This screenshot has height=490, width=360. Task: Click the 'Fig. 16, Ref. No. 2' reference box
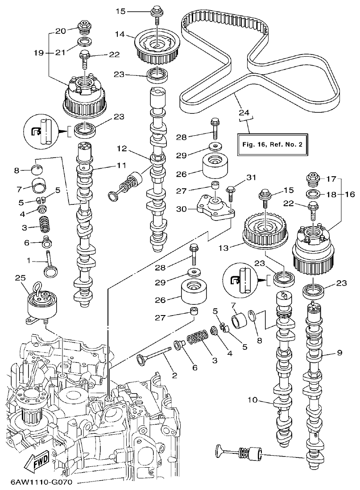[x=273, y=145]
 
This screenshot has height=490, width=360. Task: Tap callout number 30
[x=181, y=209]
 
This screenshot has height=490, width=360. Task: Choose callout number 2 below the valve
[x=174, y=375]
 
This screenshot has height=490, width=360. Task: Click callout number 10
[x=253, y=400]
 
